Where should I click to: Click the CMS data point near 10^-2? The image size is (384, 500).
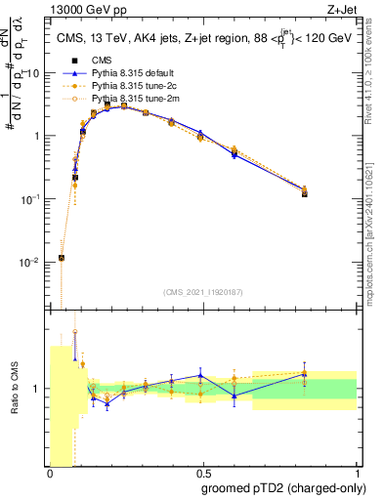pyautogui.click(x=62, y=258)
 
